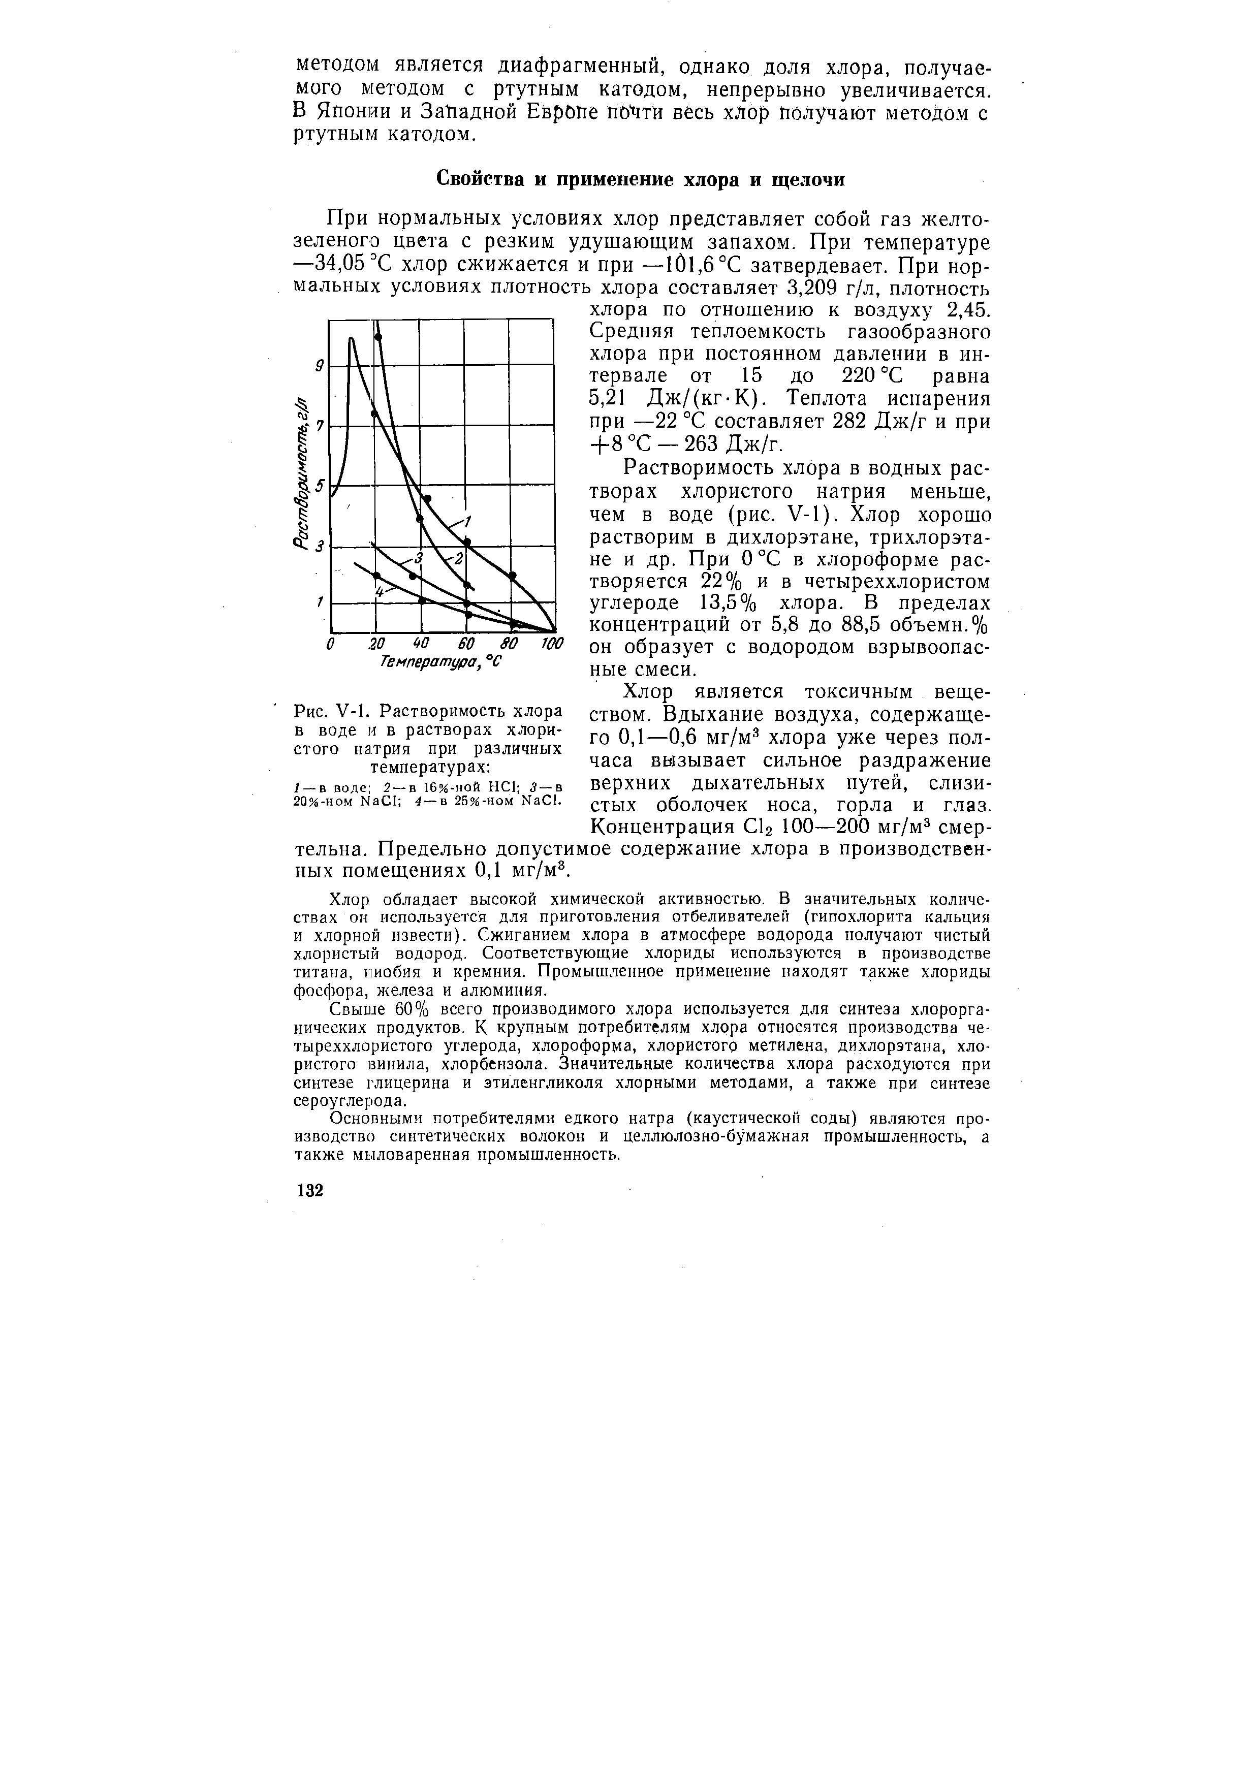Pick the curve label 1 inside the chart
click(x=469, y=520)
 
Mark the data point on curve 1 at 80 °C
click(x=513, y=575)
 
